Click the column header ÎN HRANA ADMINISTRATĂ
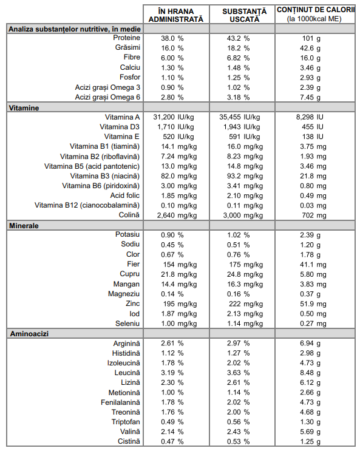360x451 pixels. [x=176, y=15]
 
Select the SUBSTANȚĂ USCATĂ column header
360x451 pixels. [x=244, y=15]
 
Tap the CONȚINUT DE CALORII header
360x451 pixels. [x=316, y=14]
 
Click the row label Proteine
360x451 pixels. [x=126, y=38]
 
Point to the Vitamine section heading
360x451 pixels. [x=24, y=108]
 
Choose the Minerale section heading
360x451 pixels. [x=24, y=226]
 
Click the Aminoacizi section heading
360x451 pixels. [x=29, y=334]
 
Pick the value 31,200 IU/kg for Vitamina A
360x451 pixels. [x=174, y=117]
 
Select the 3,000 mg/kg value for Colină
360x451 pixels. [x=243, y=215]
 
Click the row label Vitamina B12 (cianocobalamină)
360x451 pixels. [x=87, y=205]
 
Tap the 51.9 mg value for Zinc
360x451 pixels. [x=313, y=303]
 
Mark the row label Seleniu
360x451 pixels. [x=127, y=324]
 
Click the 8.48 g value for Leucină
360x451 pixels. [x=310, y=373]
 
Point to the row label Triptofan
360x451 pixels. [x=126, y=422]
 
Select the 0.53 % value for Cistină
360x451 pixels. [x=238, y=441]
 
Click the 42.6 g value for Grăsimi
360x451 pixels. [x=310, y=49]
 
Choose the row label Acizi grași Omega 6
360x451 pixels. [x=107, y=97]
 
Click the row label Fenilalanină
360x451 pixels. [x=120, y=402]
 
